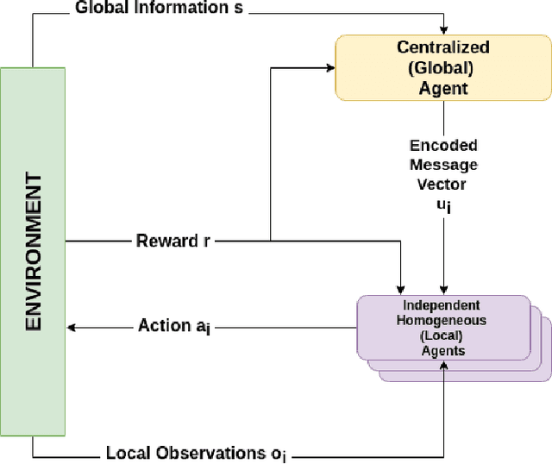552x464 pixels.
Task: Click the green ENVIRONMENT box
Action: pos(33,251)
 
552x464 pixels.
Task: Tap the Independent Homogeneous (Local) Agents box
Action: pos(442,327)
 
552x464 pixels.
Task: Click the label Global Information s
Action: pos(147,9)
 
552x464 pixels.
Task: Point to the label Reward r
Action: pos(172,241)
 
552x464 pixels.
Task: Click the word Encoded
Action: pos(443,145)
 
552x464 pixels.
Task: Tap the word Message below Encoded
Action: pos(443,164)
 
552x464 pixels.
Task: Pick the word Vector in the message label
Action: pos(443,184)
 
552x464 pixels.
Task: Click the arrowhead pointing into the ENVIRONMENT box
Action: pos(72,327)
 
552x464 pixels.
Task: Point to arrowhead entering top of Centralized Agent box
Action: pos(443,33)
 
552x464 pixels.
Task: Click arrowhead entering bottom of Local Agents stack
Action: pos(443,366)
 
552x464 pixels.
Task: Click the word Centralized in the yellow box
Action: pos(442,47)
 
